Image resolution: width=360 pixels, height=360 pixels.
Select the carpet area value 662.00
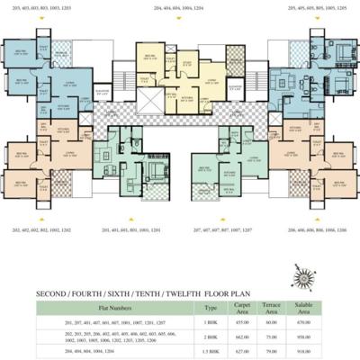(241, 336)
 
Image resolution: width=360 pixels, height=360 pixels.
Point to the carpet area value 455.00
(241, 320)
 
